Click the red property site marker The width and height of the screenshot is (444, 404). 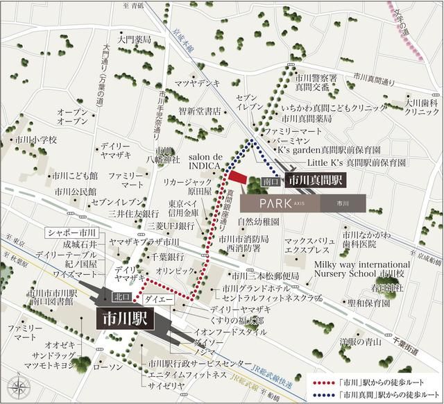238,177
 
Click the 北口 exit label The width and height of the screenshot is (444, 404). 120,298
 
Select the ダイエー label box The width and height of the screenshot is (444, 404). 155,298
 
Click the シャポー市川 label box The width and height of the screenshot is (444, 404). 71,233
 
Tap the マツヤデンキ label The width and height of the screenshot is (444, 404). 197,85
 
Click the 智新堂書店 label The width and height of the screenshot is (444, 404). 199,111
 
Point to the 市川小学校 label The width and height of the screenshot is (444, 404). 35,140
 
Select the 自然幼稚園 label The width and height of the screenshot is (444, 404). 257,222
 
